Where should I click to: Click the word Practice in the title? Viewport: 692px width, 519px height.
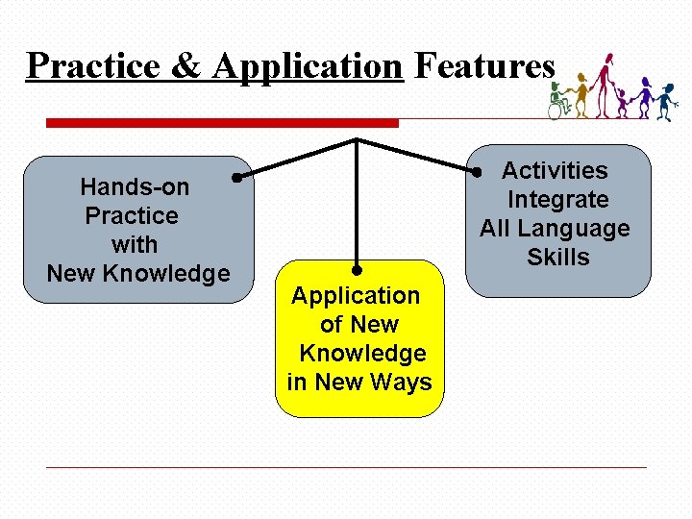click(x=81, y=65)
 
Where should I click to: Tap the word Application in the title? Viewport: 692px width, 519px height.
click(x=307, y=65)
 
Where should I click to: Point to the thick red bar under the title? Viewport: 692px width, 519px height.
click(x=222, y=123)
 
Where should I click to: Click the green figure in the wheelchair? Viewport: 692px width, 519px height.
click(x=557, y=102)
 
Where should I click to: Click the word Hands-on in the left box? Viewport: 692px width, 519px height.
click(x=135, y=186)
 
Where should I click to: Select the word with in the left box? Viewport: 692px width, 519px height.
click(x=135, y=244)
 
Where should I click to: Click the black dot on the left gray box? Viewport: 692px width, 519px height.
click(x=235, y=177)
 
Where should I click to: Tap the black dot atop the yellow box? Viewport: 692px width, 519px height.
click(x=357, y=271)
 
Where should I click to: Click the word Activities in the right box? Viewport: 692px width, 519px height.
click(x=555, y=171)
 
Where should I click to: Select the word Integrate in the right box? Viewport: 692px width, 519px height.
click(x=557, y=200)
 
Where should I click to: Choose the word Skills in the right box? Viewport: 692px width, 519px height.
click(x=557, y=258)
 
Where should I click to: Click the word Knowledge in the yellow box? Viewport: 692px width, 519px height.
click(x=362, y=354)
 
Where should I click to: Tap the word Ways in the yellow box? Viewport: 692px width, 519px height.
click(x=403, y=383)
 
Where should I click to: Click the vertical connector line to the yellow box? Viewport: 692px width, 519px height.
click(x=357, y=207)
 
